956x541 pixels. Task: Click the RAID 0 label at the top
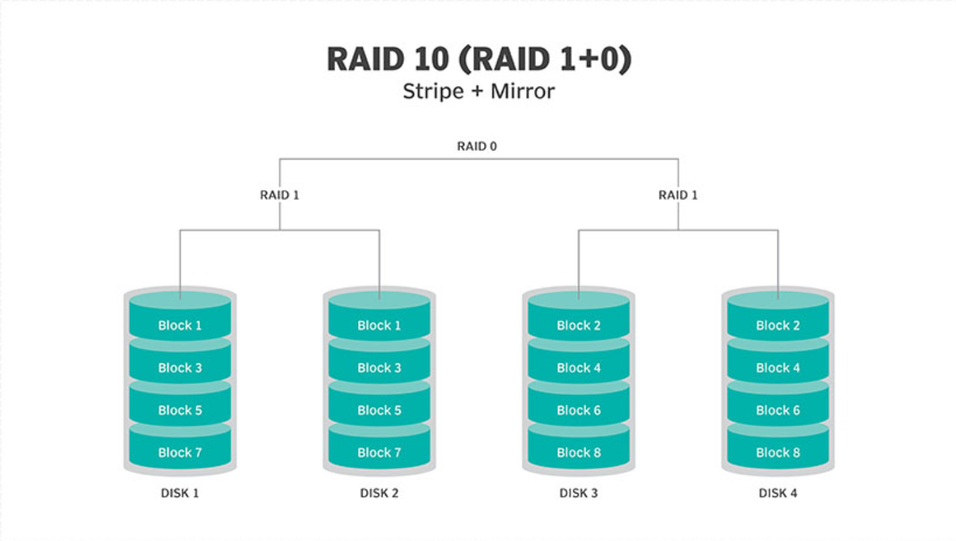click(x=477, y=146)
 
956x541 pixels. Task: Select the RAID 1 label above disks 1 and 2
click(x=279, y=195)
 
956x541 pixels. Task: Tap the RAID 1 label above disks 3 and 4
click(x=678, y=195)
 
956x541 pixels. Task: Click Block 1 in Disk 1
click(x=179, y=326)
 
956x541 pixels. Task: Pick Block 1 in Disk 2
click(x=379, y=326)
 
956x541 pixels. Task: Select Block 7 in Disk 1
click(x=179, y=452)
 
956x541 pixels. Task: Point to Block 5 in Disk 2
click(x=379, y=410)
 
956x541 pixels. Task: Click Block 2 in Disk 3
click(x=579, y=326)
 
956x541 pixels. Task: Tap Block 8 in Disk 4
click(x=777, y=452)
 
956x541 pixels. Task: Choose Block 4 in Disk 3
click(x=579, y=368)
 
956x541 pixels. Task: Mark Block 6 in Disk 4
click(x=777, y=410)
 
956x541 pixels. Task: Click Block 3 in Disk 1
click(x=179, y=368)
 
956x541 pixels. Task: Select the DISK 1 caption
click(x=180, y=494)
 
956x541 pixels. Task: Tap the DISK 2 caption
click(x=379, y=494)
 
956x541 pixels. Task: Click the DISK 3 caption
click(x=579, y=494)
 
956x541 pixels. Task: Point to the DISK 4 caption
click(x=777, y=494)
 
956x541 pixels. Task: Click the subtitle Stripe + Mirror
click(x=478, y=91)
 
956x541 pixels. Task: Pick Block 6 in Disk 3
click(x=579, y=410)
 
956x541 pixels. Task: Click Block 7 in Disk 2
click(x=379, y=452)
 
